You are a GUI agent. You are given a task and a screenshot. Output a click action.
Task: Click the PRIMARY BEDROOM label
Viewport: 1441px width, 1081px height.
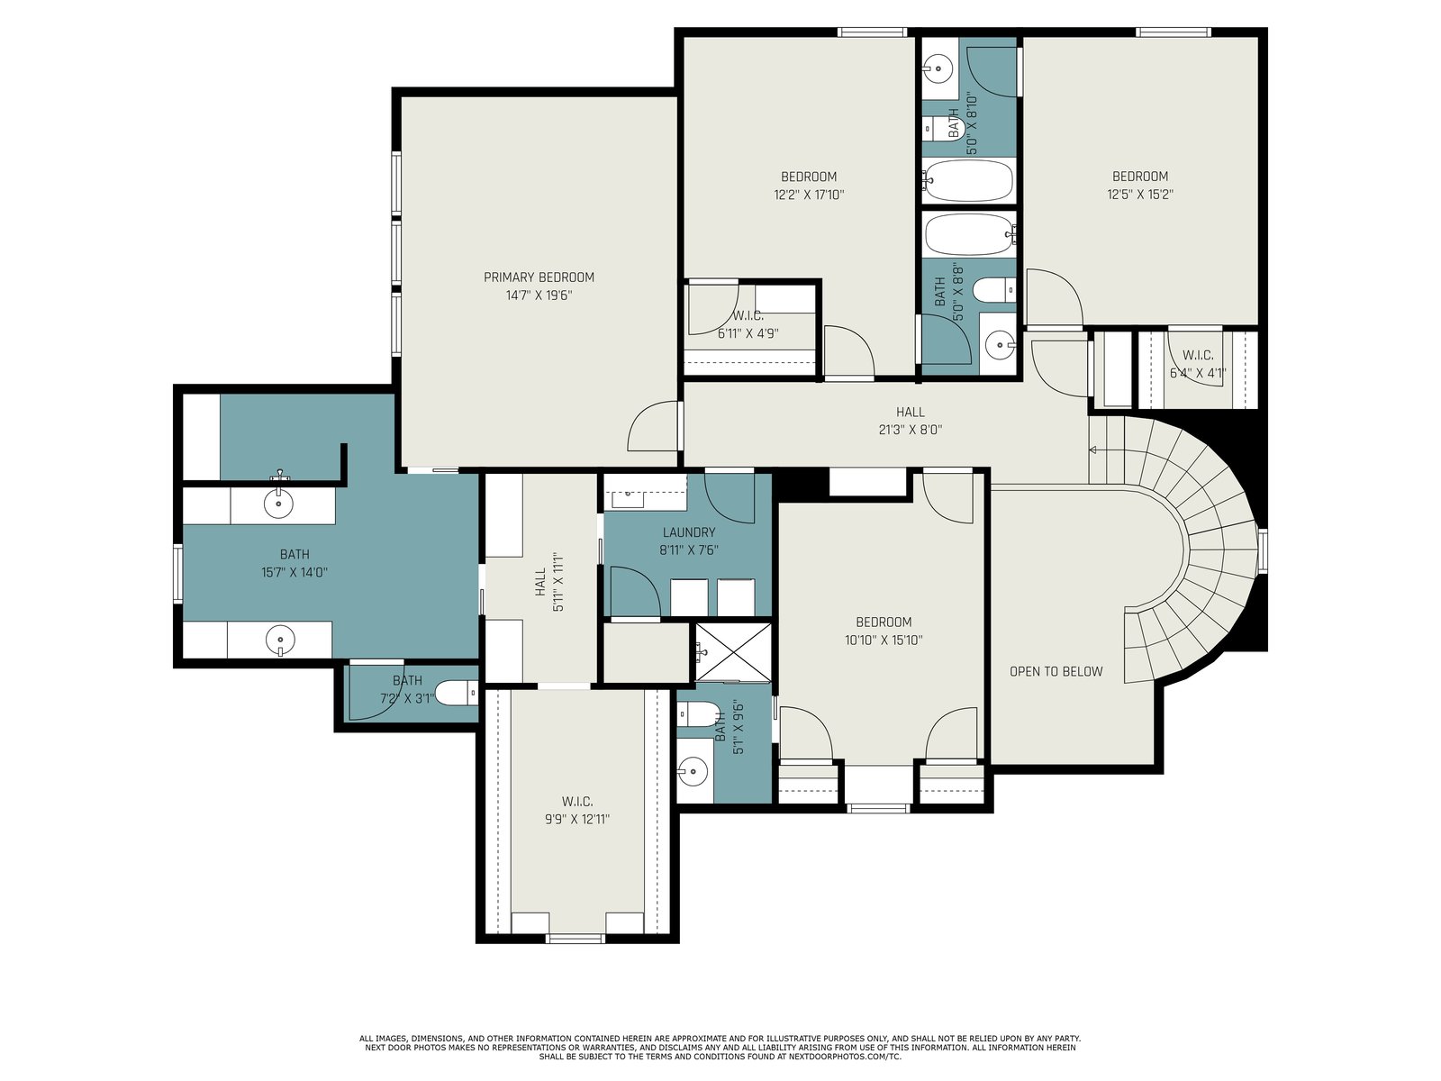pyautogui.click(x=539, y=277)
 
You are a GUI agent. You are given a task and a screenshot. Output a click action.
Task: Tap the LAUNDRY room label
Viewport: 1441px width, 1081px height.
pyautogui.click(x=689, y=532)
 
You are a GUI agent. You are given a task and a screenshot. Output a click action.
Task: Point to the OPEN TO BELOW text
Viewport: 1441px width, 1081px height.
pyautogui.click(x=1056, y=671)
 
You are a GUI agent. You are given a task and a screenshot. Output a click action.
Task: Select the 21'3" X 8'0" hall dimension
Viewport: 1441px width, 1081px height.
pyautogui.click(x=910, y=430)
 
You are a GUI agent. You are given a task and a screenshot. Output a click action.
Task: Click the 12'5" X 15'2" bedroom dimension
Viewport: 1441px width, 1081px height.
pyautogui.click(x=1139, y=195)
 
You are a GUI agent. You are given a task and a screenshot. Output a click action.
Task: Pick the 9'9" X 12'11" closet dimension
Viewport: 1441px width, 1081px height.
pyautogui.click(x=577, y=819)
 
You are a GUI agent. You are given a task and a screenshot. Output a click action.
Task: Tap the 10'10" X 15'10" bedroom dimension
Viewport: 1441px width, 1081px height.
pyautogui.click(x=884, y=640)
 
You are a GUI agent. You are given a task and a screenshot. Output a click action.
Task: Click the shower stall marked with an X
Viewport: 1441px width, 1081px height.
pyautogui.click(x=733, y=652)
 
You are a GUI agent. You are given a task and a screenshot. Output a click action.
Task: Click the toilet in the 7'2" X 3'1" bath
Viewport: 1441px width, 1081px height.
pyautogui.click(x=458, y=693)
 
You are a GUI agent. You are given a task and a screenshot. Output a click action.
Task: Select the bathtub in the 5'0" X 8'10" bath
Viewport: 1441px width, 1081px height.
pyautogui.click(x=967, y=179)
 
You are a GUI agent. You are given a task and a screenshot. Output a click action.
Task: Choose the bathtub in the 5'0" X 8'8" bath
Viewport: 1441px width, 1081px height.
pyautogui.click(x=970, y=234)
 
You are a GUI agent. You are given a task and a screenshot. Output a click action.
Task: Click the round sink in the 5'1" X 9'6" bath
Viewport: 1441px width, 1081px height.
pyautogui.click(x=693, y=768)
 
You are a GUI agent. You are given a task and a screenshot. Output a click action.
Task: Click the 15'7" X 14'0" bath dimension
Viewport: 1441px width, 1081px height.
pyautogui.click(x=295, y=572)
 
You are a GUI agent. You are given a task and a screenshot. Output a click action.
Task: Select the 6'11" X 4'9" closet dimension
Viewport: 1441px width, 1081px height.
pyautogui.click(x=748, y=333)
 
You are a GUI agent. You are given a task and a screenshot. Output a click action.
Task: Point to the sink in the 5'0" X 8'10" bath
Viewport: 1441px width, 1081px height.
pyautogui.click(x=938, y=68)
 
